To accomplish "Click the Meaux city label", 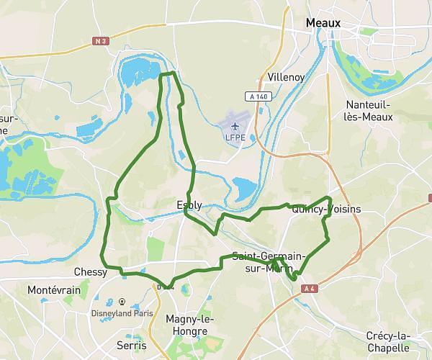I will click(323, 23).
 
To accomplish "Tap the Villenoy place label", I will click(286, 77).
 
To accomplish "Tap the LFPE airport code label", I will click(235, 137).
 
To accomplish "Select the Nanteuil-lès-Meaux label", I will click(369, 109).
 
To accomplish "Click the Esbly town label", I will click(189, 204).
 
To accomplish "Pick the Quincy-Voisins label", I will click(326, 210).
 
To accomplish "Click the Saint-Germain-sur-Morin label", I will click(269, 262).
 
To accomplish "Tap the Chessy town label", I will click(90, 272).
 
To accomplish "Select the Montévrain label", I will click(50, 289).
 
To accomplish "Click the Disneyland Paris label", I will click(123, 313).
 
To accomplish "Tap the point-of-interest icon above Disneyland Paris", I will click(122, 302).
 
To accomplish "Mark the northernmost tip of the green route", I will click(168, 73).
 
